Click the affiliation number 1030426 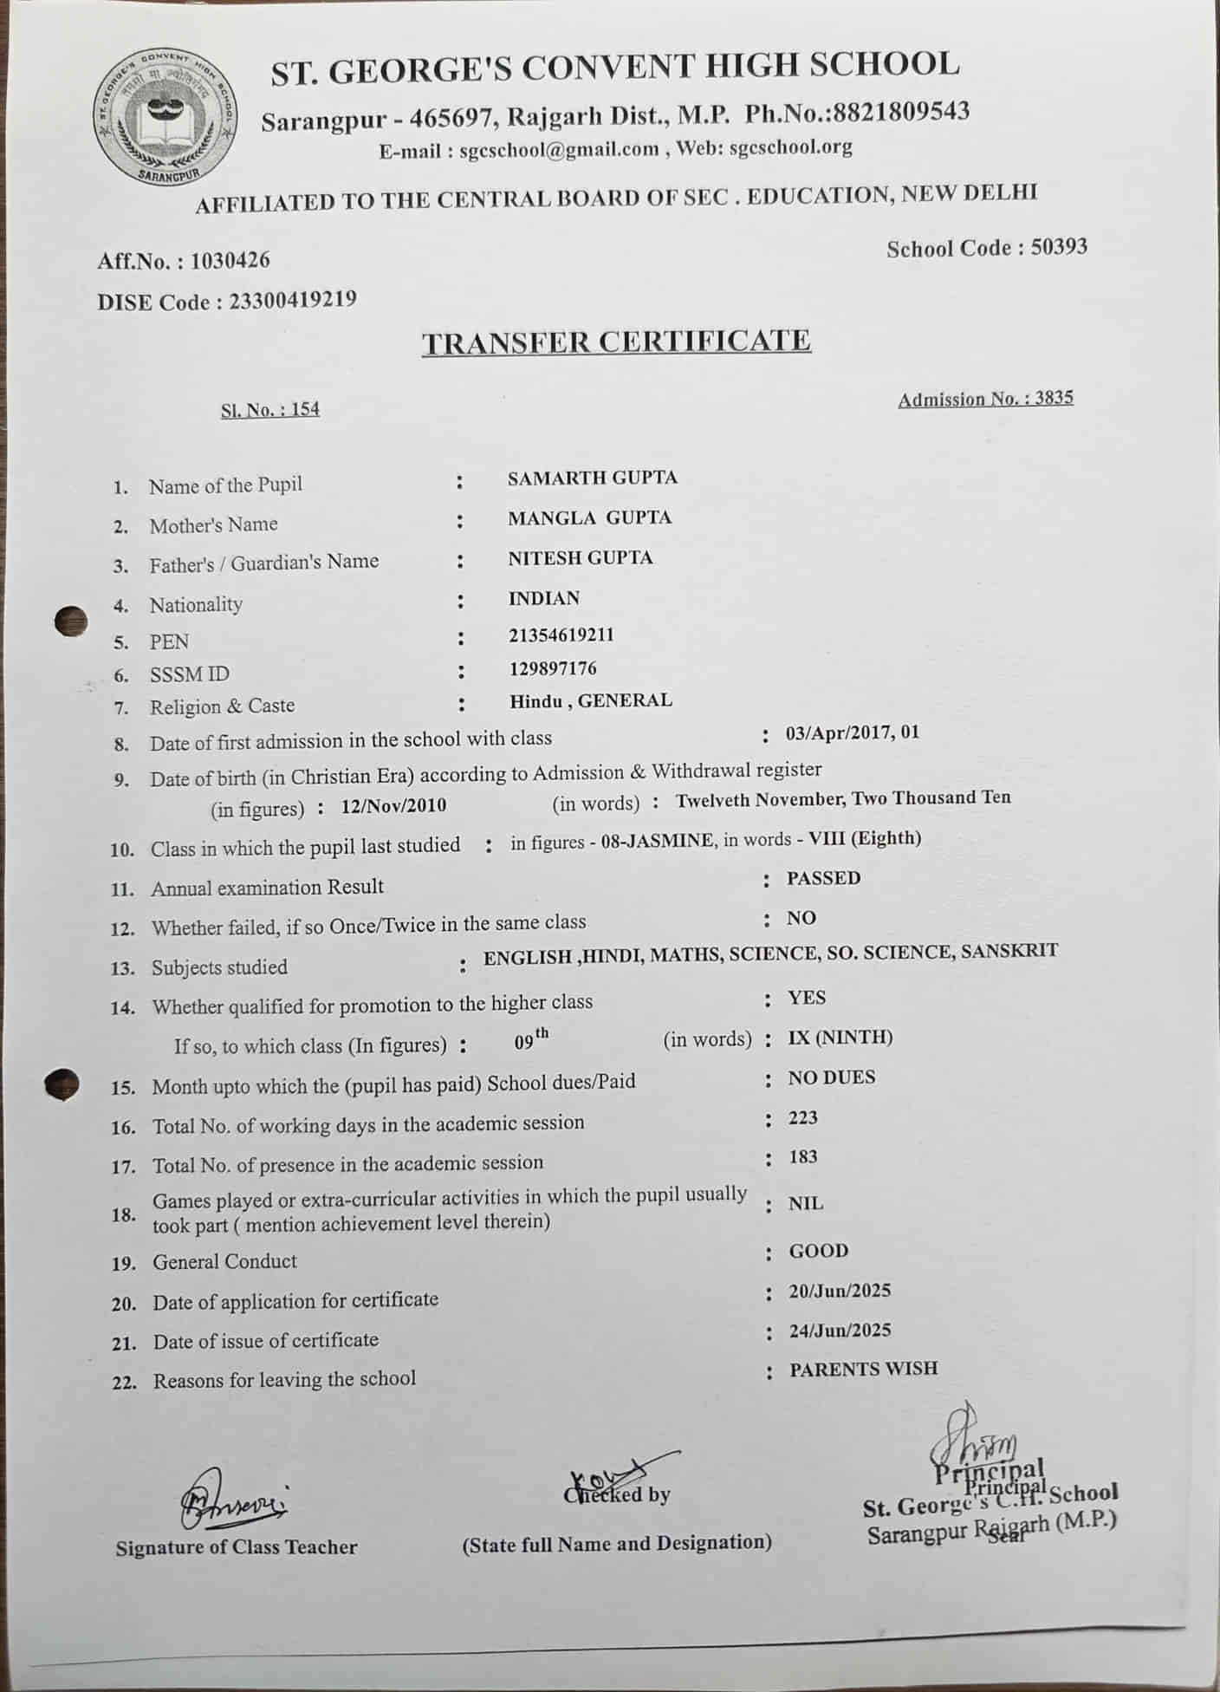230,260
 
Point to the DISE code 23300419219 292,301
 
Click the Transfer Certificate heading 616,341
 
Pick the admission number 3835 1054,398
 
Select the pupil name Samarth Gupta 593,478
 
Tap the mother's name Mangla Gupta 589,517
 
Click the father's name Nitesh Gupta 581,557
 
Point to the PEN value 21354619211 561,634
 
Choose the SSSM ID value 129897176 553,668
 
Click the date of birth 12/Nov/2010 394,805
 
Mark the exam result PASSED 823,878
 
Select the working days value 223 803,1117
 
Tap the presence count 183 803,1157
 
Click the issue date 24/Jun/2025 840,1331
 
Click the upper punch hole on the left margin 70,621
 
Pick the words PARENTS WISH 863,1370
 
